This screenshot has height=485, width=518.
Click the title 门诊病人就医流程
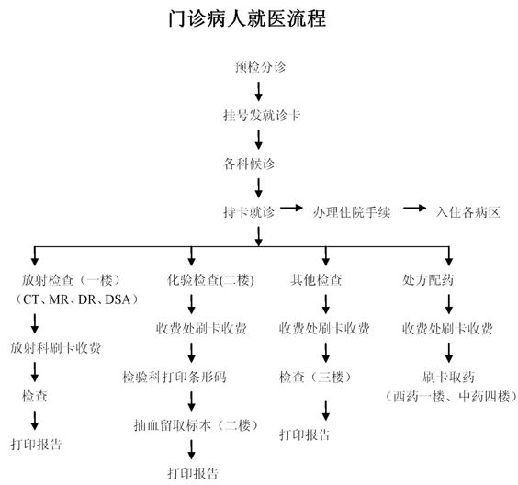247,18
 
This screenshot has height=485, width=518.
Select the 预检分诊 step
260,67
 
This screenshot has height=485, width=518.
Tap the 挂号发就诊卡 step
262,116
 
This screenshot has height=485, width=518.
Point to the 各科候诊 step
249,164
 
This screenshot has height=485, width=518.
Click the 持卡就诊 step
249,212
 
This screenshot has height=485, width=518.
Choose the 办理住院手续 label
352,212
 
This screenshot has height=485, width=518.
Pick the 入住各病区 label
467,212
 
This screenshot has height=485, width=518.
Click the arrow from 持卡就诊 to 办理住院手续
292,208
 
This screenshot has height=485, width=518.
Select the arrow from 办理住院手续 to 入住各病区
414,208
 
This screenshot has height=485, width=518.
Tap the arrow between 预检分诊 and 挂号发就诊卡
259,92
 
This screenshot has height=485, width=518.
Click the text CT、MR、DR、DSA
76,299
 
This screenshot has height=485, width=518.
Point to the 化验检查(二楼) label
210,280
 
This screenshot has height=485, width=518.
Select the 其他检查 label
316,280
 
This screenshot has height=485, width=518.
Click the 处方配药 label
428,280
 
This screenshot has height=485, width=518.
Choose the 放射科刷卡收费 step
55,347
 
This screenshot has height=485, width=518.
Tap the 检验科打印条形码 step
175,377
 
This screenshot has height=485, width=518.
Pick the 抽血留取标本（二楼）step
196,425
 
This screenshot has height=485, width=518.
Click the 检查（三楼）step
315,377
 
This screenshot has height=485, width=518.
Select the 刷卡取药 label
448,377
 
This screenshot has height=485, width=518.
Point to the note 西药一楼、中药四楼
452,396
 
